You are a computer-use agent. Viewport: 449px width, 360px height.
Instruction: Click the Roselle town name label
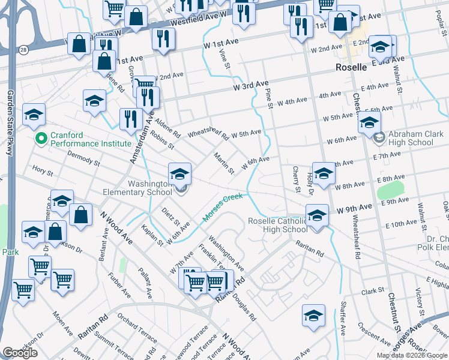point(351,67)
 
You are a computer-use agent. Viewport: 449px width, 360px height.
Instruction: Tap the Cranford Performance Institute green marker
point(41,139)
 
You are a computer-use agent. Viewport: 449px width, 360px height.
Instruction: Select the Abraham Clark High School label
point(411,139)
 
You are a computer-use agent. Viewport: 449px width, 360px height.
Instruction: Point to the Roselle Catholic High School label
point(277,225)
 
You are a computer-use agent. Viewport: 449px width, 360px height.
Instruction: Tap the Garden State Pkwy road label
point(10,122)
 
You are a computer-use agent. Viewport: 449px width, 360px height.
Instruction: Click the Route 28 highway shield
point(23,49)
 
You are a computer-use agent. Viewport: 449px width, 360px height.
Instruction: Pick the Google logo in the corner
point(20,353)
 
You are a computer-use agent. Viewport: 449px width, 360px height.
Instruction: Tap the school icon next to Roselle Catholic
point(317,215)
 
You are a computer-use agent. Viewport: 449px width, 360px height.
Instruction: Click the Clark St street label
point(373,291)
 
